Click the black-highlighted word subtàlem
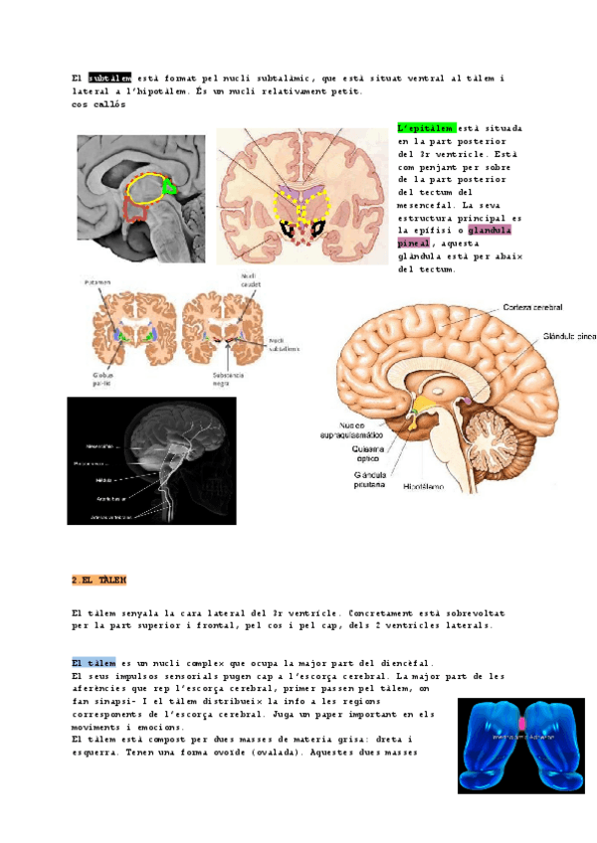pos(110,79)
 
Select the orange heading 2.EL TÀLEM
pos(99,579)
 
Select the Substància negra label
pos(229,381)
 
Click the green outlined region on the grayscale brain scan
pos(171,185)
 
